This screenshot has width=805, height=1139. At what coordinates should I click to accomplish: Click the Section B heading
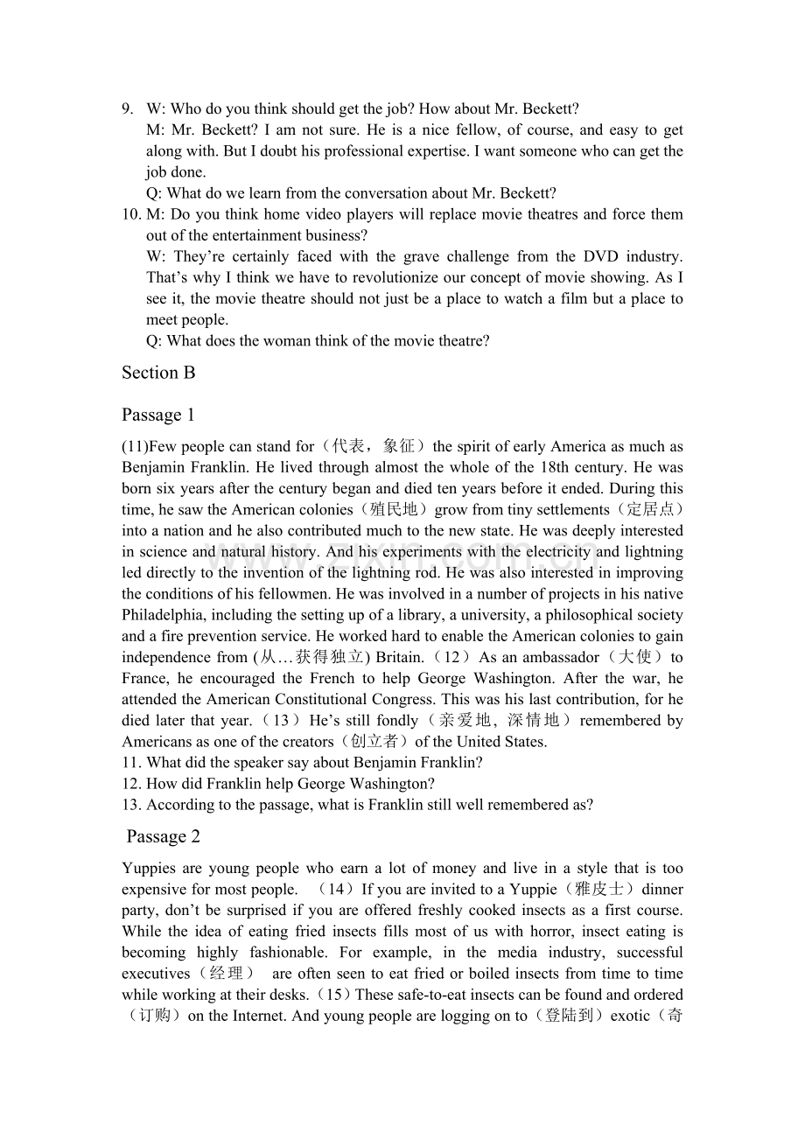(158, 373)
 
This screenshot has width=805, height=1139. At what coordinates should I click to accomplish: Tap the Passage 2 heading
(164, 837)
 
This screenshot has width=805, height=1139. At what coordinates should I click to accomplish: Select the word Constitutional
(336, 699)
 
